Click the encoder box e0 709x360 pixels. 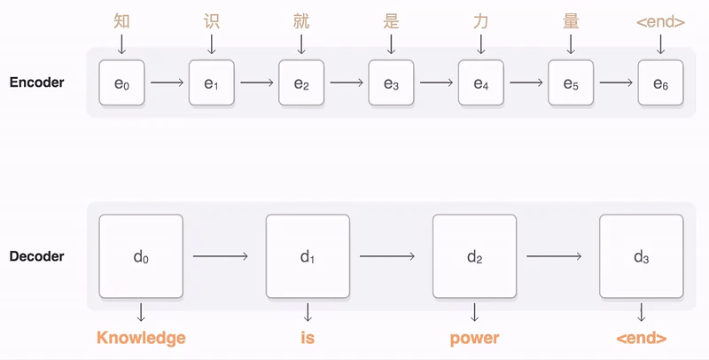coord(122,83)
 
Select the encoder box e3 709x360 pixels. coord(391,83)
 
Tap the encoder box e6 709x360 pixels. coord(660,83)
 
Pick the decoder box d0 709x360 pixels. coord(141,256)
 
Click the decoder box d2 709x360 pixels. coord(475,256)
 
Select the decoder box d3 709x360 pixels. coord(642,256)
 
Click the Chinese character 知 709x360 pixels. coord(122,20)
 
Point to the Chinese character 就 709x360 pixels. coord(301,20)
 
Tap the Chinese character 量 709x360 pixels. coord(571,20)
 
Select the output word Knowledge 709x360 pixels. coord(141,338)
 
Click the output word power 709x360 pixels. coord(475,338)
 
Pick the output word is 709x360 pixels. coord(308,338)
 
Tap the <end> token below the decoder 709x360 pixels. coord(641,338)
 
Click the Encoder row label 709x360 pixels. coord(36,82)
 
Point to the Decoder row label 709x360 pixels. coord(36,257)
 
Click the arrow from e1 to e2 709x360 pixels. coord(257,83)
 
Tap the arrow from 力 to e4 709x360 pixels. coord(481,43)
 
